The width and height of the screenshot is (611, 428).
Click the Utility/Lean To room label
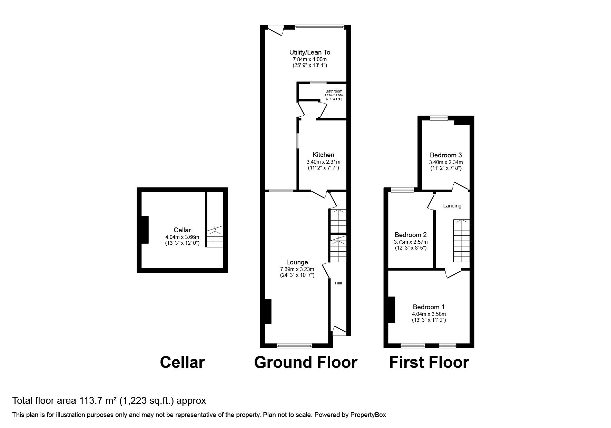click(x=309, y=52)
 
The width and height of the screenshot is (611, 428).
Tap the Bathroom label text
click(x=334, y=91)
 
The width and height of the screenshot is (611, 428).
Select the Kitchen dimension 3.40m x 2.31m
click(x=323, y=162)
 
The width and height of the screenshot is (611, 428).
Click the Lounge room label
click(x=297, y=262)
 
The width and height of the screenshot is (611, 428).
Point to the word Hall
click(x=338, y=283)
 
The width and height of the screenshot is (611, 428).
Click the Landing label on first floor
click(x=452, y=206)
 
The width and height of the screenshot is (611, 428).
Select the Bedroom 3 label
click(x=446, y=155)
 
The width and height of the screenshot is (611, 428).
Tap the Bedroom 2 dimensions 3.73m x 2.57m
click(x=411, y=242)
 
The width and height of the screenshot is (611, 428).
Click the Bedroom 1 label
click(x=428, y=307)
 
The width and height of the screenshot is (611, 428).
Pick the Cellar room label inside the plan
click(x=182, y=230)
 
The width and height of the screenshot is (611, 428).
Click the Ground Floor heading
click(x=305, y=362)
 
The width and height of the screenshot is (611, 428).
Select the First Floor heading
click(x=429, y=362)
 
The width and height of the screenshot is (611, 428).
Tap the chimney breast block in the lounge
click(x=268, y=311)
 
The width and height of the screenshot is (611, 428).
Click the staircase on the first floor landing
click(x=461, y=241)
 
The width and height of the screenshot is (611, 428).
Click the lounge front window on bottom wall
click(x=294, y=345)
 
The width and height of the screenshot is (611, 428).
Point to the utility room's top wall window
click(x=319, y=26)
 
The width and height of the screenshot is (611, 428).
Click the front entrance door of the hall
click(x=338, y=330)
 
